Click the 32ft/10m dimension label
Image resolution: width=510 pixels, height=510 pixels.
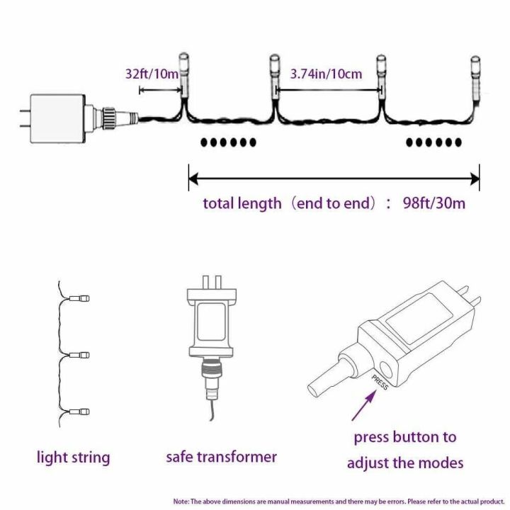coord(152,73)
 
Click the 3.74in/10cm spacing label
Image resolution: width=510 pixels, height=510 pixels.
coord(327,73)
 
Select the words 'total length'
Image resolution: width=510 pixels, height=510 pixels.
coord(242,204)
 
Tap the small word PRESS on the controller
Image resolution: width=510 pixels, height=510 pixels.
coord(380,382)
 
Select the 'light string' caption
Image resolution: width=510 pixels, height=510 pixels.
coord(73,458)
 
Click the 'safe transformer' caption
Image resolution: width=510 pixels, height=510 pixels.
coord(221,457)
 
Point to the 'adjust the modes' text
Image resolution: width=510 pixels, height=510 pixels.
coord(405,463)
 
